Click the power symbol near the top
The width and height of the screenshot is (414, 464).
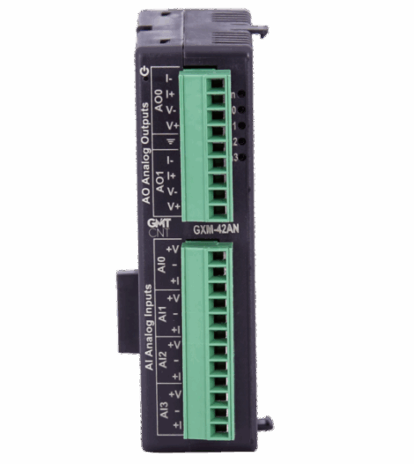pos(144,70)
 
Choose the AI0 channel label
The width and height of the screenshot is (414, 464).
pos(159,265)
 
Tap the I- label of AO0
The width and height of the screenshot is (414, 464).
pos(175,79)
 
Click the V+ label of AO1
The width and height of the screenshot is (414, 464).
pos(175,205)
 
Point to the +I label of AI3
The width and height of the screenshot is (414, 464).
pos(175,424)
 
